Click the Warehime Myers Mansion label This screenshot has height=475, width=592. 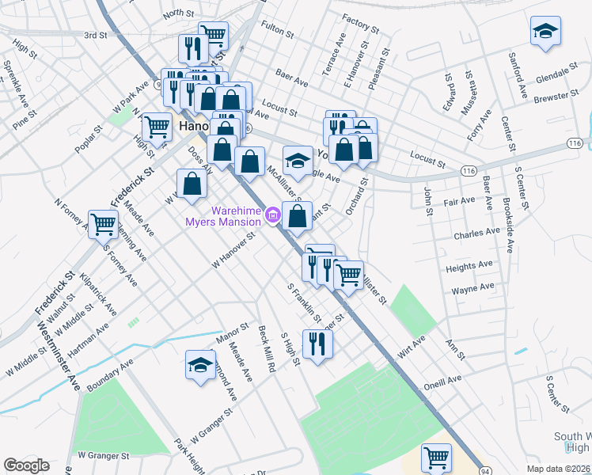point(222,215)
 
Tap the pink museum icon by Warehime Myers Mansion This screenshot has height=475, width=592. point(273,215)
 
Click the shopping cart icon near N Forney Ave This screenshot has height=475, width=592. point(103,224)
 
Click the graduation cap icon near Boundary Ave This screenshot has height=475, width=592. point(199,365)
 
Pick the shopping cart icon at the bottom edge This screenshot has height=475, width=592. point(436,457)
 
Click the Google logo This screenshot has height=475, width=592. point(26,465)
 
